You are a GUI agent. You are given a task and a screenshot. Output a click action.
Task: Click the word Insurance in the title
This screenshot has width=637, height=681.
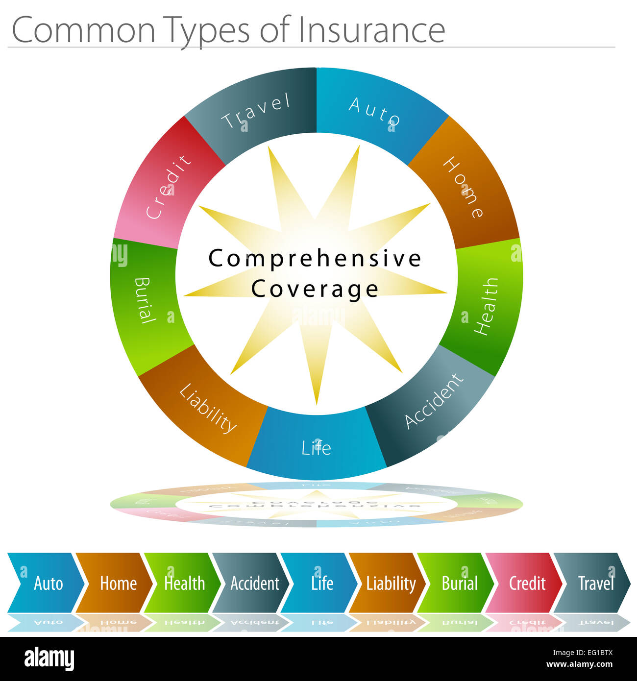click(371, 30)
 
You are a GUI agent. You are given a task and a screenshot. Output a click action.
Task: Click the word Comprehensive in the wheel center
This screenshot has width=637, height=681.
click(315, 258)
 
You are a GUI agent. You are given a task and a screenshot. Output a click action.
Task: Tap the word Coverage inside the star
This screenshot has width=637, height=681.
click(315, 289)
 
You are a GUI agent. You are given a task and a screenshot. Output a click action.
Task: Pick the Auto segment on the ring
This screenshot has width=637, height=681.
click(375, 111)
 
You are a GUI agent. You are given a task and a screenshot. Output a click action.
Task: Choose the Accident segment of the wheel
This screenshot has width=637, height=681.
click(434, 401)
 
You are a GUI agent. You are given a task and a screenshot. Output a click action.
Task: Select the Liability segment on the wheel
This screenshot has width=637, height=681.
click(208, 408)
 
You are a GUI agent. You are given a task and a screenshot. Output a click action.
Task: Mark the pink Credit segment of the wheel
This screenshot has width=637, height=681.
click(168, 187)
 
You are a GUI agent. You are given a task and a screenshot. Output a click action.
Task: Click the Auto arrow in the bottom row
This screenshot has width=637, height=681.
click(48, 583)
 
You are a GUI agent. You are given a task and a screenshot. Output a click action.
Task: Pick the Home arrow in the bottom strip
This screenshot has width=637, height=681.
click(118, 583)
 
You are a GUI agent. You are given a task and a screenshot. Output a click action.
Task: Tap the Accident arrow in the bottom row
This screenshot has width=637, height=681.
click(254, 583)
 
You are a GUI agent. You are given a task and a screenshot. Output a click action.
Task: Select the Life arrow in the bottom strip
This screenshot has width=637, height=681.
click(322, 583)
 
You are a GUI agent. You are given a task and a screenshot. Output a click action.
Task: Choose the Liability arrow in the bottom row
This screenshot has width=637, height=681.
click(391, 583)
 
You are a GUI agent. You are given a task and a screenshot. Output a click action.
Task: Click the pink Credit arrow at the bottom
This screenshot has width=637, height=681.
click(527, 583)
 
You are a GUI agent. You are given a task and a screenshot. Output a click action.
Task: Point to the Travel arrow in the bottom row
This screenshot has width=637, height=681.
click(595, 583)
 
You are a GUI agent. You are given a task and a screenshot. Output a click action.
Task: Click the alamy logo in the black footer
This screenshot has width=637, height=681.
click(49, 659)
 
